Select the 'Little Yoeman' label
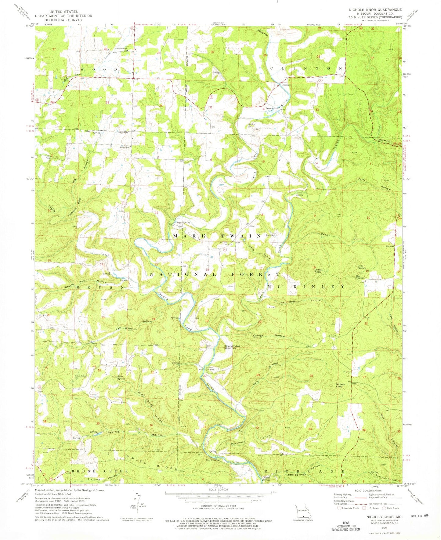click(x=362, y=266)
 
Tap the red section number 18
click(x=208, y=270)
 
